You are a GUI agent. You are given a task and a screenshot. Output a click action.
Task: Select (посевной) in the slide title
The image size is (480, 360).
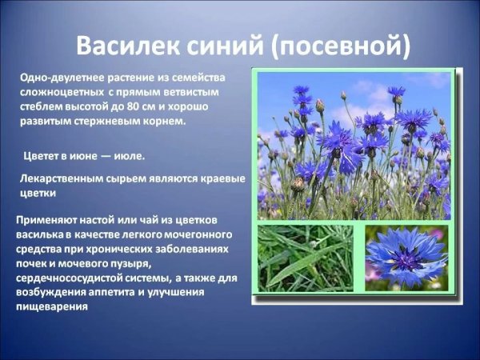(341, 46)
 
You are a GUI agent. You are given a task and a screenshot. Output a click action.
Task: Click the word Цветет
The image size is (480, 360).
(42, 155)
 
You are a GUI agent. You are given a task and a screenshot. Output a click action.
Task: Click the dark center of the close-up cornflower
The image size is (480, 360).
(406, 257)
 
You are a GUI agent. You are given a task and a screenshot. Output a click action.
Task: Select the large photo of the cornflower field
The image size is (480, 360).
(354, 144)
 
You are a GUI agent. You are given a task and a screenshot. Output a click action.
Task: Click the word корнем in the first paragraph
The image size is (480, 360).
(167, 122)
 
